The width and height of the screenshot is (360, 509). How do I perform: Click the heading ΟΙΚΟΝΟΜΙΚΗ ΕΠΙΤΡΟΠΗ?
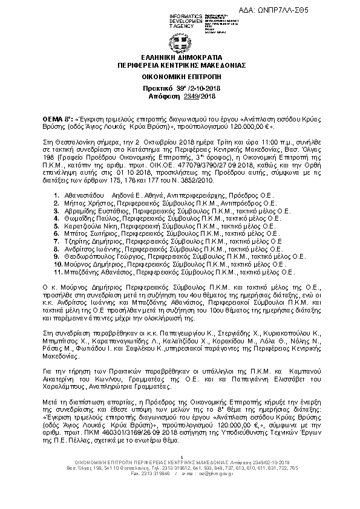point(180,77)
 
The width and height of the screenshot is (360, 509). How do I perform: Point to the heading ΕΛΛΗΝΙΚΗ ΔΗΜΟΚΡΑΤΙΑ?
point(180,57)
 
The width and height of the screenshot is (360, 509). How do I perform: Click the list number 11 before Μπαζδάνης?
point(56,273)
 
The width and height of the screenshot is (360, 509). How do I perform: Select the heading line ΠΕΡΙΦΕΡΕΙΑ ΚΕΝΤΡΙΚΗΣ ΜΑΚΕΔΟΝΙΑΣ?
point(180,64)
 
